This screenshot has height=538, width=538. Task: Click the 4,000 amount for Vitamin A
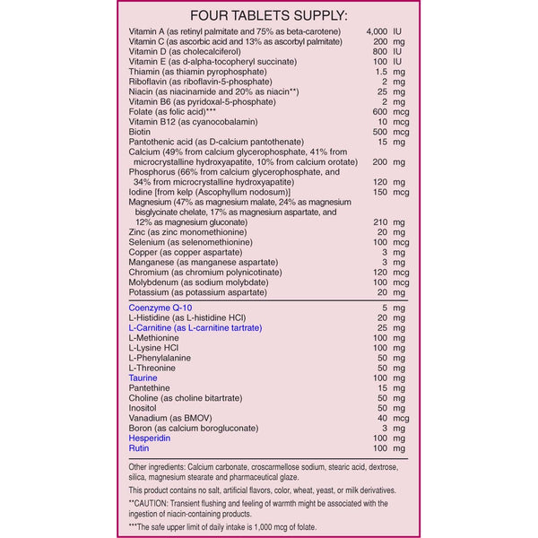pyautogui.click(x=379, y=32)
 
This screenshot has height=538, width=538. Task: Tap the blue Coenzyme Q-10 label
pyautogui.click(x=161, y=308)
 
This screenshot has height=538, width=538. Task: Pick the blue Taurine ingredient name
pyautogui.click(x=143, y=378)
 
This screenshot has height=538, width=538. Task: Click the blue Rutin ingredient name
pyautogui.click(x=138, y=448)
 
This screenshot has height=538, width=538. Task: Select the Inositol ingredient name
pyautogui.click(x=144, y=408)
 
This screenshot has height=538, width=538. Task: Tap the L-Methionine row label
pyautogui.click(x=154, y=338)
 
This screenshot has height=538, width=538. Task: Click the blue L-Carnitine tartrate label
pyautogui.click(x=195, y=328)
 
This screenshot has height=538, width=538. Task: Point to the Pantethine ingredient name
pyautogui.click(x=151, y=388)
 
